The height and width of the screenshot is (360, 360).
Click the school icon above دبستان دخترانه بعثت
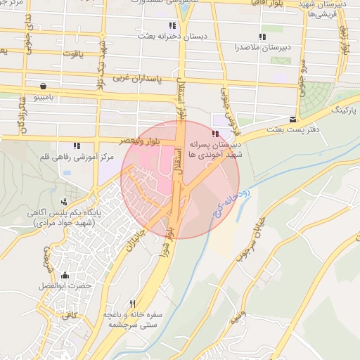pyautogui.click(x=172, y=25)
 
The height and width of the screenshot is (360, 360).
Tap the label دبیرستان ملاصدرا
pyautogui.click(x=262, y=48)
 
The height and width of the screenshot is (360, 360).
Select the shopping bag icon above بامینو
pyautogui.click(x=44, y=86)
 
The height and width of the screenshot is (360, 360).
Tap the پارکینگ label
pyautogui.click(x=344, y=111)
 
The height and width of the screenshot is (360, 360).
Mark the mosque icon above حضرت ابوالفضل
pyautogui.click(x=65, y=275)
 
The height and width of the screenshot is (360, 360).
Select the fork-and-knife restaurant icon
pyautogui.click(x=133, y=303)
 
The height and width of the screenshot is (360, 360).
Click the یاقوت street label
pyautogui.click(x=72, y=52)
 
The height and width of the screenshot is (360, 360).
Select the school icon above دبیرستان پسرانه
pyautogui.click(x=215, y=133)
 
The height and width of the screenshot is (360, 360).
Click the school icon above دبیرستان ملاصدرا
pyautogui.click(x=262, y=37)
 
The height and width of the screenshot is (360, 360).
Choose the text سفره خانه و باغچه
pyautogui.click(x=134, y=314)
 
